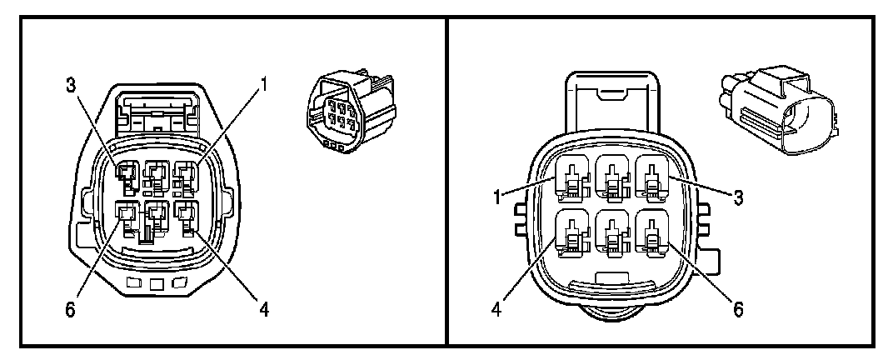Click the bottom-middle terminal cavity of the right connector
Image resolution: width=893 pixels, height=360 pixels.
612,235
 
